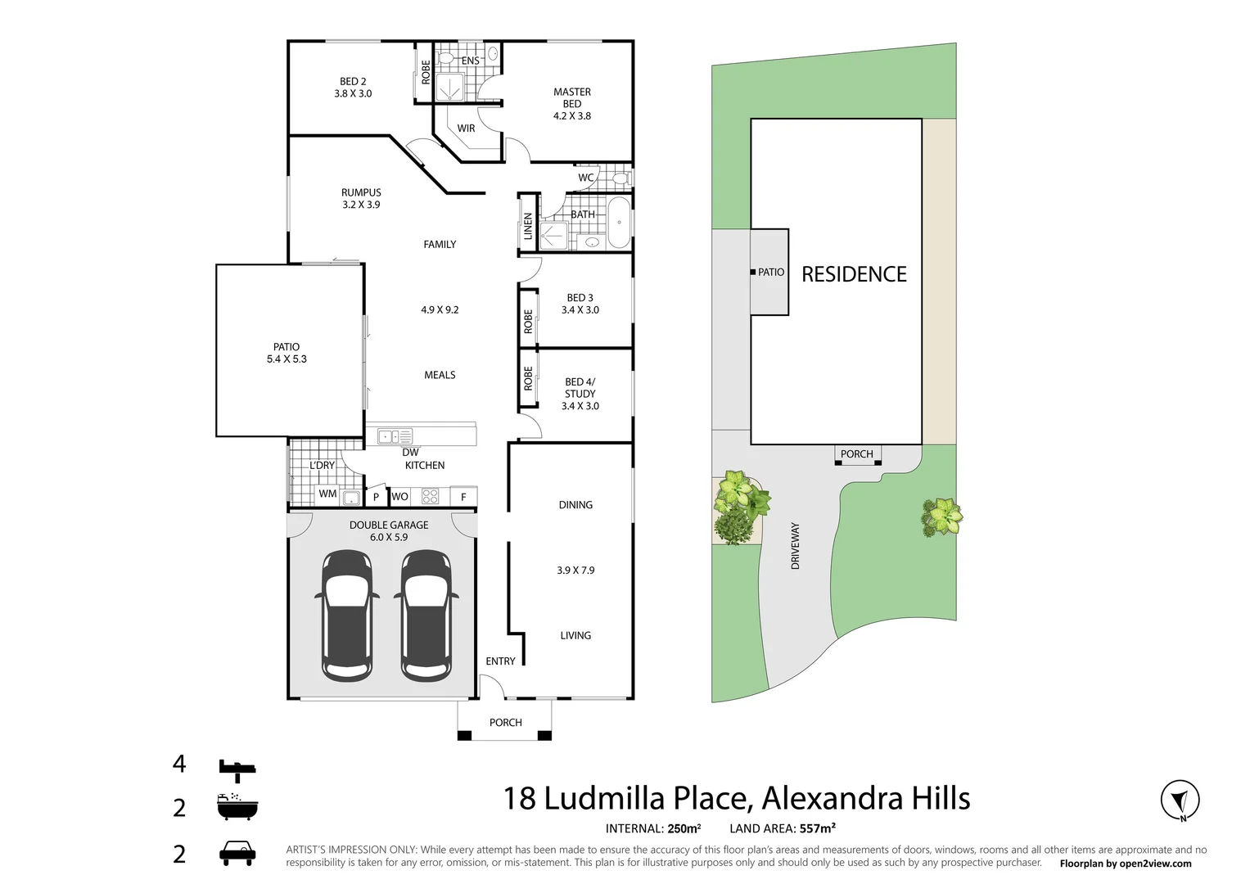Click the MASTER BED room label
pyautogui.click(x=571, y=98)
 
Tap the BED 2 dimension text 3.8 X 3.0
pyautogui.click(x=353, y=94)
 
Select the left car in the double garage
pyautogui.click(x=347, y=615)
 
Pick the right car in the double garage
pyautogui.click(x=426, y=615)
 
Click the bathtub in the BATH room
pyautogui.click(x=619, y=222)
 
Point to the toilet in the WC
pyautogui.click(x=620, y=178)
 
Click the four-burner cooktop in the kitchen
pyautogui.click(x=430, y=496)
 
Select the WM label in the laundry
pyautogui.click(x=327, y=494)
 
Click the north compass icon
pyautogui.click(x=1180, y=801)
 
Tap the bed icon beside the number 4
pyautogui.click(x=237, y=769)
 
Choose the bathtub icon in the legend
pyautogui.click(x=237, y=807)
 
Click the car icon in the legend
pyautogui.click(x=237, y=853)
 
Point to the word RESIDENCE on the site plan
pyautogui.click(x=854, y=274)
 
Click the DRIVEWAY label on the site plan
pyautogui.click(x=795, y=546)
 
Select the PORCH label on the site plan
pyautogui.click(x=856, y=454)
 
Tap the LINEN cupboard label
pyautogui.click(x=528, y=226)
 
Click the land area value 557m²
pyautogui.click(x=817, y=828)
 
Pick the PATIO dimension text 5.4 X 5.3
pyautogui.click(x=287, y=359)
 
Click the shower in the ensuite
pyautogui.click(x=449, y=87)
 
